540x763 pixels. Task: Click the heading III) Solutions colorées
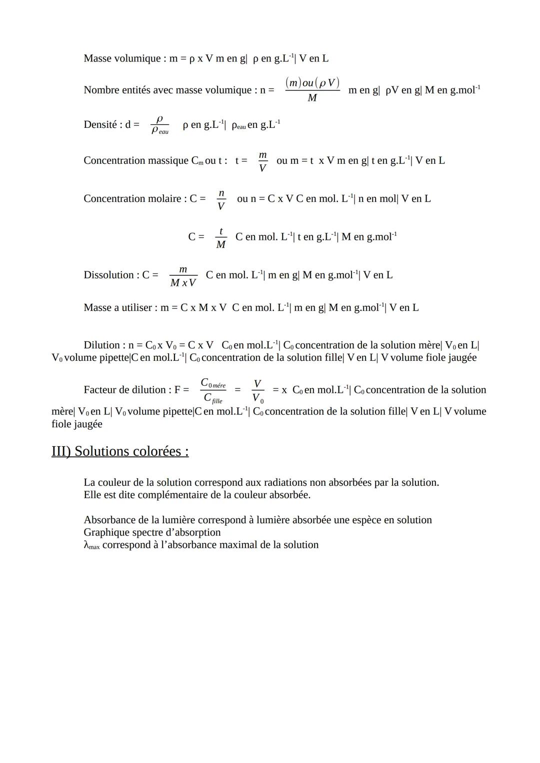point(120,451)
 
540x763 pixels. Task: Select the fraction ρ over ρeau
point(160,125)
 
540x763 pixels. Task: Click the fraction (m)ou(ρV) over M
point(312,90)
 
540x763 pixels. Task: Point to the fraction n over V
point(221,199)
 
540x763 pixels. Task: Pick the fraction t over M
point(220,237)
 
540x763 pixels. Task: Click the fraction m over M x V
point(183,276)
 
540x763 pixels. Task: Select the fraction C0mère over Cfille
point(213,390)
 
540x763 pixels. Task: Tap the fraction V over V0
point(257,390)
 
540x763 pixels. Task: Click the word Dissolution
point(108,275)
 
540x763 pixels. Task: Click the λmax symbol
point(91,545)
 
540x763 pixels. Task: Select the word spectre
point(148,532)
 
